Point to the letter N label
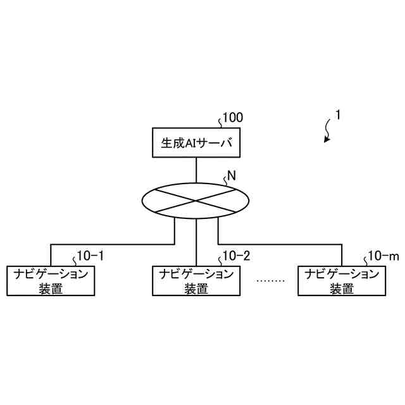pyautogui.click(x=231, y=177)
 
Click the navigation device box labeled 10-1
pyautogui.click(x=51, y=281)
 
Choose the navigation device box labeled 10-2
pyautogui.click(x=196, y=281)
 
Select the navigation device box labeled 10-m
pyautogui.click(x=342, y=281)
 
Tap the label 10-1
pyautogui.click(x=90, y=256)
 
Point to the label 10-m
pyautogui.click(x=383, y=256)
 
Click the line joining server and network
pyautogui.click(x=196, y=170)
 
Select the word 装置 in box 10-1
pyautogui.click(x=51, y=289)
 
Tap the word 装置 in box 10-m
pyautogui.click(x=342, y=289)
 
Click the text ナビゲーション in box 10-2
pyautogui.click(x=196, y=275)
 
